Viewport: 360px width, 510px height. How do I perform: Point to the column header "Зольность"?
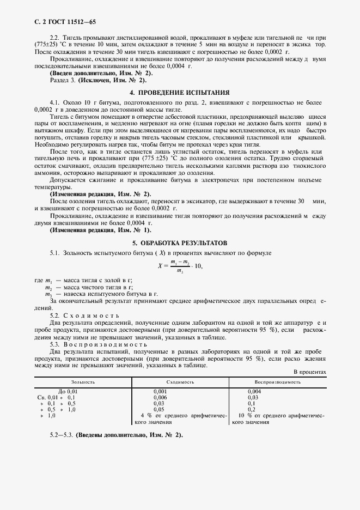pos(83,382)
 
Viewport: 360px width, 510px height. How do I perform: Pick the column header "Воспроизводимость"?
pos(278,382)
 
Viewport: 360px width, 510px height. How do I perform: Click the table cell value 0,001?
pos(160,392)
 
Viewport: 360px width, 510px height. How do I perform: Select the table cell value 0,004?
pos(254,392)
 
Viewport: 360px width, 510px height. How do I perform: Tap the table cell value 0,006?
pos(160,398)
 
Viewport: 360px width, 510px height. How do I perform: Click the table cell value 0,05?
pos(158,409)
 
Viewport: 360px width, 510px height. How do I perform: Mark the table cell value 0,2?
pos(251,409)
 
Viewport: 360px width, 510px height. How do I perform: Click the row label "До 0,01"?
pos(68,392)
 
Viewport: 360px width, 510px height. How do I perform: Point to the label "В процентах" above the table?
pos(309,372)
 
